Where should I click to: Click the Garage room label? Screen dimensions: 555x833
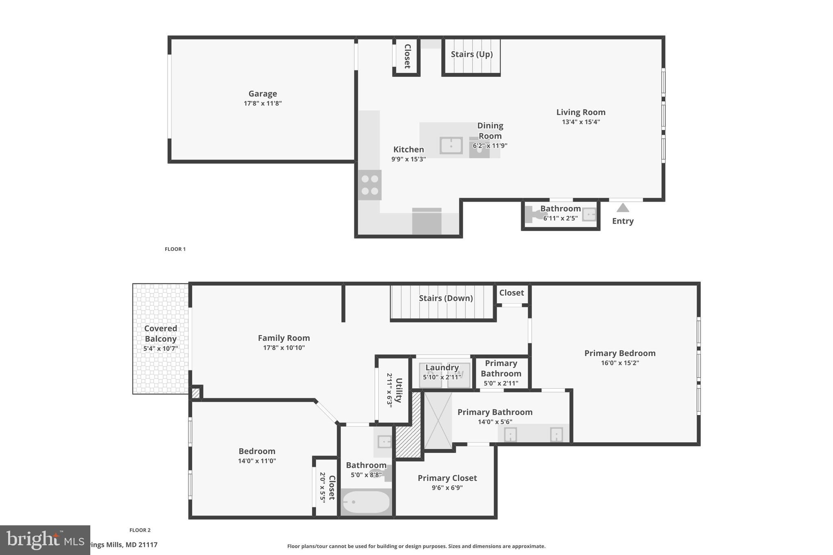pyautogui.click(x=262, y=94)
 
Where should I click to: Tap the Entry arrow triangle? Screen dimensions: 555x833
pyautogui.click(x=623, y=208)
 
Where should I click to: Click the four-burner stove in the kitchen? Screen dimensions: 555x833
pyautogui.click(x=370, y=185)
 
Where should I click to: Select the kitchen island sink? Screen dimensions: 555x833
pyautogui.click(x=451, y=146)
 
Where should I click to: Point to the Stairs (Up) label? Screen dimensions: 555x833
pyautogui.click(x=471, y=54)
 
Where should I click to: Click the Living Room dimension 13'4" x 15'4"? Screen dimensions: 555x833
pyautogui.click(x=581, y=122)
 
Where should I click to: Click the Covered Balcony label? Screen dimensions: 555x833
pyautogui.click(x=161, y=333)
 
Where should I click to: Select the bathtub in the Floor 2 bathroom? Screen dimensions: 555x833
pyautogui.click(x=366, y=503)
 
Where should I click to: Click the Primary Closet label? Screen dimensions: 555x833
pyautogui.click(x=447, y=478)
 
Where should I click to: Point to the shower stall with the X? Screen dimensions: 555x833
pyautogui.click(x=438, y=420)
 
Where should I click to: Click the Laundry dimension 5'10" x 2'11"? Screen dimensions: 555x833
pyautogui.click(x=442, y=377)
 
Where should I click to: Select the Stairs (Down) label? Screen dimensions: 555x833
pyautogui.click(x=446, y=298)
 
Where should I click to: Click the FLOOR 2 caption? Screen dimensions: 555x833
pyautogui.click(x=140, y=530)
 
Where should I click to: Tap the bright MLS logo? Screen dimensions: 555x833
pyautogui.click(x=45, y=540)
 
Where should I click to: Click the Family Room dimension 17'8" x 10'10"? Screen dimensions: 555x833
pyautogui.click(x=283, y=348)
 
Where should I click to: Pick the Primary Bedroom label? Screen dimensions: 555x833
pyautogui.click(x=619, y=353)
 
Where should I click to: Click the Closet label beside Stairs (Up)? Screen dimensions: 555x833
pyautogui.click(x=407, y=56)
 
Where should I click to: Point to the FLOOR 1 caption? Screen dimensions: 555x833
pyautogui.click(x=175, y=249)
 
